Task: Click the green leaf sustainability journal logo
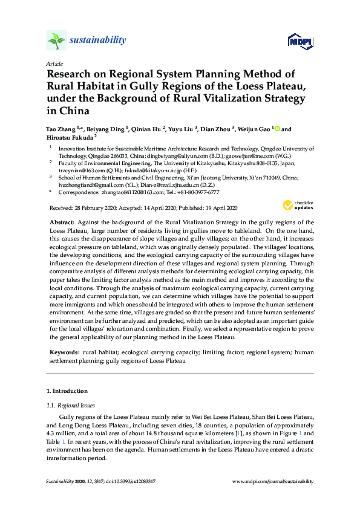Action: coord(57,41)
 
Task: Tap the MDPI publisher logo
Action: coord(301,41)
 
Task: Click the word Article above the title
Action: coord(54,63)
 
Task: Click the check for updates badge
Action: coord(298,205)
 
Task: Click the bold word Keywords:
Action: coord(64,351)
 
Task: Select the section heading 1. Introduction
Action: coord(67,391)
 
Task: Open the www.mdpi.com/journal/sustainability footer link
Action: coord(273,481)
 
